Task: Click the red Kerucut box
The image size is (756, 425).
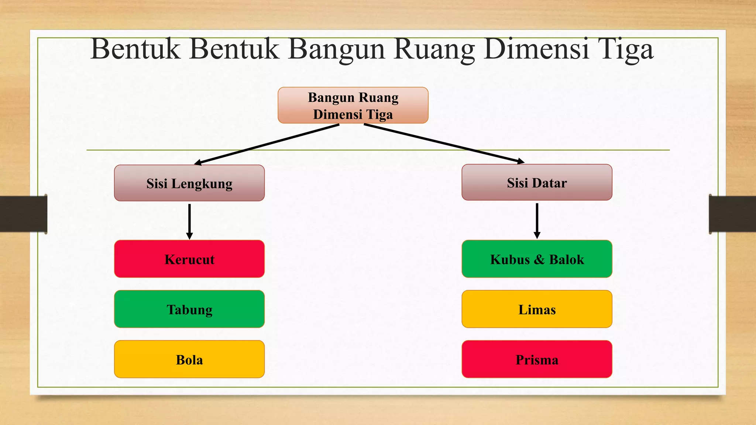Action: point(189,259)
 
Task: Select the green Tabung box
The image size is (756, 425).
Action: point(189,309)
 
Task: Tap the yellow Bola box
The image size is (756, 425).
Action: point(189,359)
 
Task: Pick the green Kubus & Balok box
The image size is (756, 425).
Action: point(537,259)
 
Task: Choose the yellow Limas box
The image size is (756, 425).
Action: point(537,309)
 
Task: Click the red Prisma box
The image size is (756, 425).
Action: point(537,359)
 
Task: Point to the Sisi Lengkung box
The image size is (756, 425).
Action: point(189,183)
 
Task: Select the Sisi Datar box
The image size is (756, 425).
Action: point(537,183)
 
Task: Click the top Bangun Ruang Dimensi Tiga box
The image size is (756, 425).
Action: point(353,106)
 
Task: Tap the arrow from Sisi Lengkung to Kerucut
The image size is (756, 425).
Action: point(189,221)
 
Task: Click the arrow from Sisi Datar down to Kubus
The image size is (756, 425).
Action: point(537,221)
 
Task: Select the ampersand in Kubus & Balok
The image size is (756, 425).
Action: point(539,259)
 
